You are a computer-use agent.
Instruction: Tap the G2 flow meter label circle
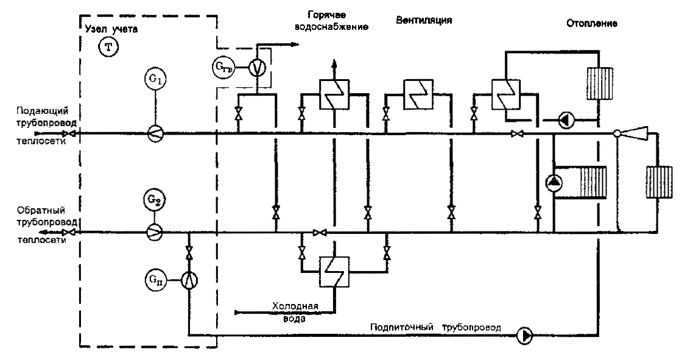pos(154,199)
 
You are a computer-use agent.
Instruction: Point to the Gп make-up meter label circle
pos(154,279)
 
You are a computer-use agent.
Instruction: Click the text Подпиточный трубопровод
pos(435,327)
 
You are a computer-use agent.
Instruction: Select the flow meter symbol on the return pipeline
pos(154,231)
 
